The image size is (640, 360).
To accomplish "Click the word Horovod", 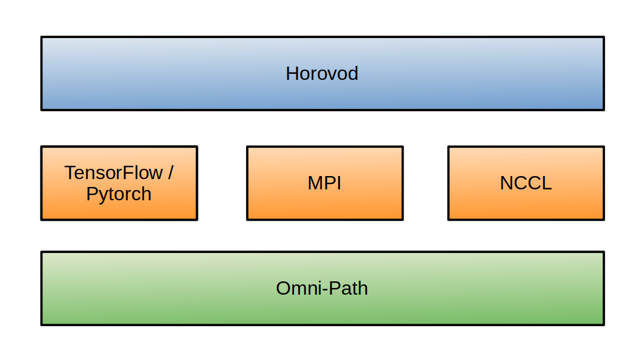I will pos(322,74).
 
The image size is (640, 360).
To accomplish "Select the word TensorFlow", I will pos(114,173).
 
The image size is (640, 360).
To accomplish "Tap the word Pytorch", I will pos(119,194).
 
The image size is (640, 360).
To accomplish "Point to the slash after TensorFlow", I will pos(171,173).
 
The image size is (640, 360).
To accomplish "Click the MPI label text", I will pos(325,183).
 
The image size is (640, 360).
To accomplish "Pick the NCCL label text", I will pos(526,183).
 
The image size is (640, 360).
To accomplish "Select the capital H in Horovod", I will pos(292,74).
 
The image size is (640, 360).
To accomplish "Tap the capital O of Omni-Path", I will pos(283,288).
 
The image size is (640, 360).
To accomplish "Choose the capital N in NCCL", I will pos(506,183).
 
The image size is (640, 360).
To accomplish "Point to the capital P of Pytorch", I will pos(91,194).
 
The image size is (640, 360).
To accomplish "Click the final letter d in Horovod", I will pos(353,74).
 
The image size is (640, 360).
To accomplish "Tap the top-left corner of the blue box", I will pos(42,38).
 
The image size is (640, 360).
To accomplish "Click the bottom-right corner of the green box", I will pos(603,324).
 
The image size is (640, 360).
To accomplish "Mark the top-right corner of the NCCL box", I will pos(603,147).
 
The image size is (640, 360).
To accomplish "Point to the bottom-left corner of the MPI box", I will pos(247,219).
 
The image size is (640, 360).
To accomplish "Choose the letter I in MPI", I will pos(339,183).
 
